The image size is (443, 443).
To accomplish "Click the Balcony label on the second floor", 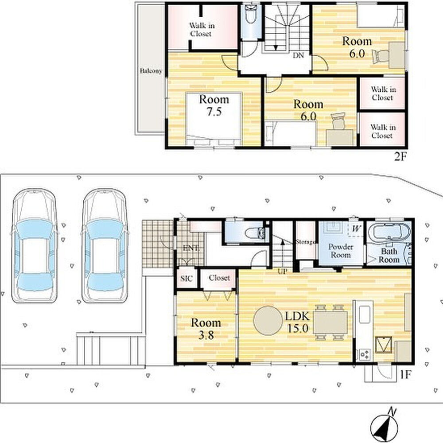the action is (151, 70).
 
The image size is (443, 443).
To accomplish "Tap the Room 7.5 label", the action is (214, 105).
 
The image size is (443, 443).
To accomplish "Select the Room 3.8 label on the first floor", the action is (206, 329).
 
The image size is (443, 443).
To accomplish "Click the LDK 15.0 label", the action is (298, 322).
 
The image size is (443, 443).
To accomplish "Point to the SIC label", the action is (187, 278).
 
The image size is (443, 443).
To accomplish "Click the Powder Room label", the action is (341, 251).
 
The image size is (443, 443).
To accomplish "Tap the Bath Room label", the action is (389, 256).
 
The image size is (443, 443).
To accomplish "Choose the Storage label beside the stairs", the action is (306, 242).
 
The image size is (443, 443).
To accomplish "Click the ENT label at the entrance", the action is (191, 249).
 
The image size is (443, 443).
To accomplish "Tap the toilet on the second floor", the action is (251, 15).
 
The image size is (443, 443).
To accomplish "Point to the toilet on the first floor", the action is (255, 233).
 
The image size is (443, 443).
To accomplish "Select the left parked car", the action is (35, 246).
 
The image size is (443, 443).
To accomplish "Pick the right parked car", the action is (105, 246).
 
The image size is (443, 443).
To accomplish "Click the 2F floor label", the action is (400, 156).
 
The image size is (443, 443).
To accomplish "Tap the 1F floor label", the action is (405, 375).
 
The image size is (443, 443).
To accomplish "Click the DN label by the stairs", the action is (298, 55).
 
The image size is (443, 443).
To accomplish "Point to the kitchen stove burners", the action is (365, 354).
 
